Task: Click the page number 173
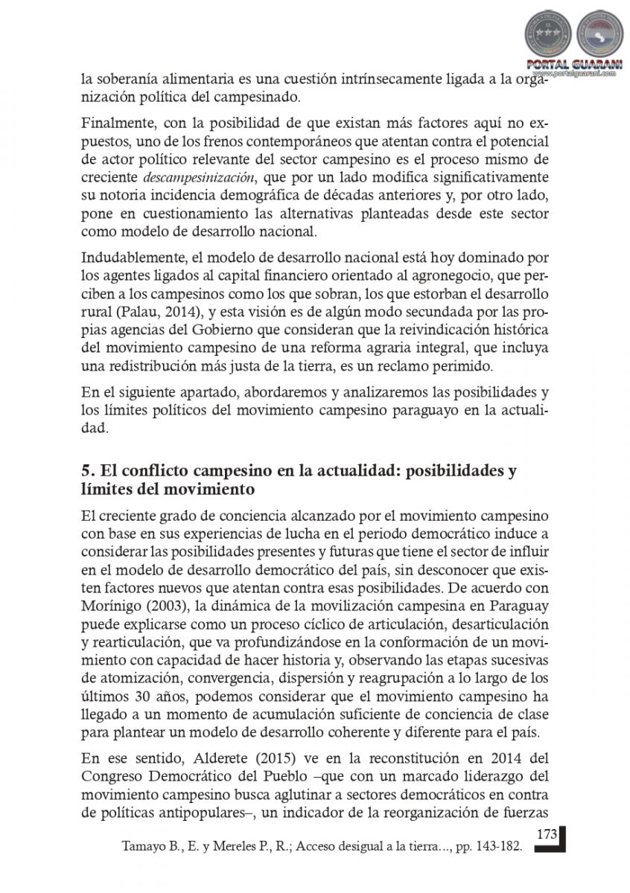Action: pyautogui.click(x=547, y=833)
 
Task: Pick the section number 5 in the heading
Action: pyautogui.click(x=86, y=471)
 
